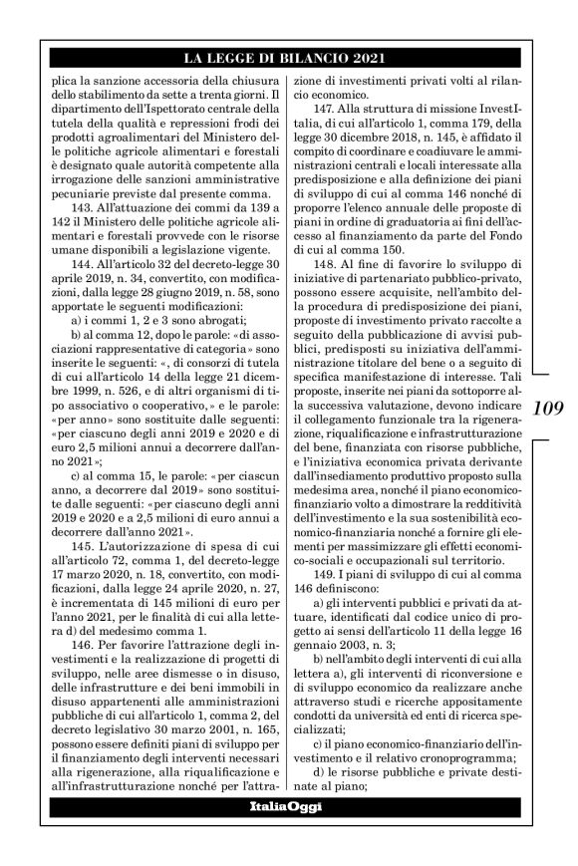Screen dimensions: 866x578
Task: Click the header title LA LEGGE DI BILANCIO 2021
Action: click(x=288, y=57)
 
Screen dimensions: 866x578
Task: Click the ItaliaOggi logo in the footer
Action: click(x=288, y=807)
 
